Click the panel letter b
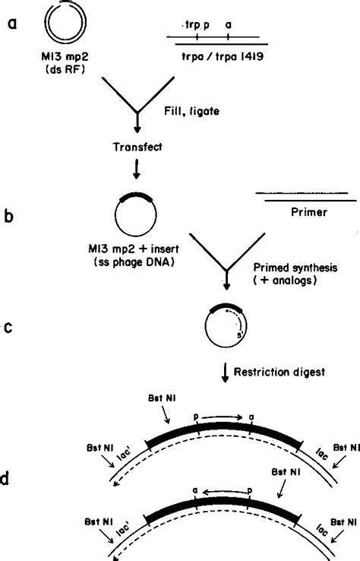(x=12, y=215)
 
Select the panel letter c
(x=12, y=328)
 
